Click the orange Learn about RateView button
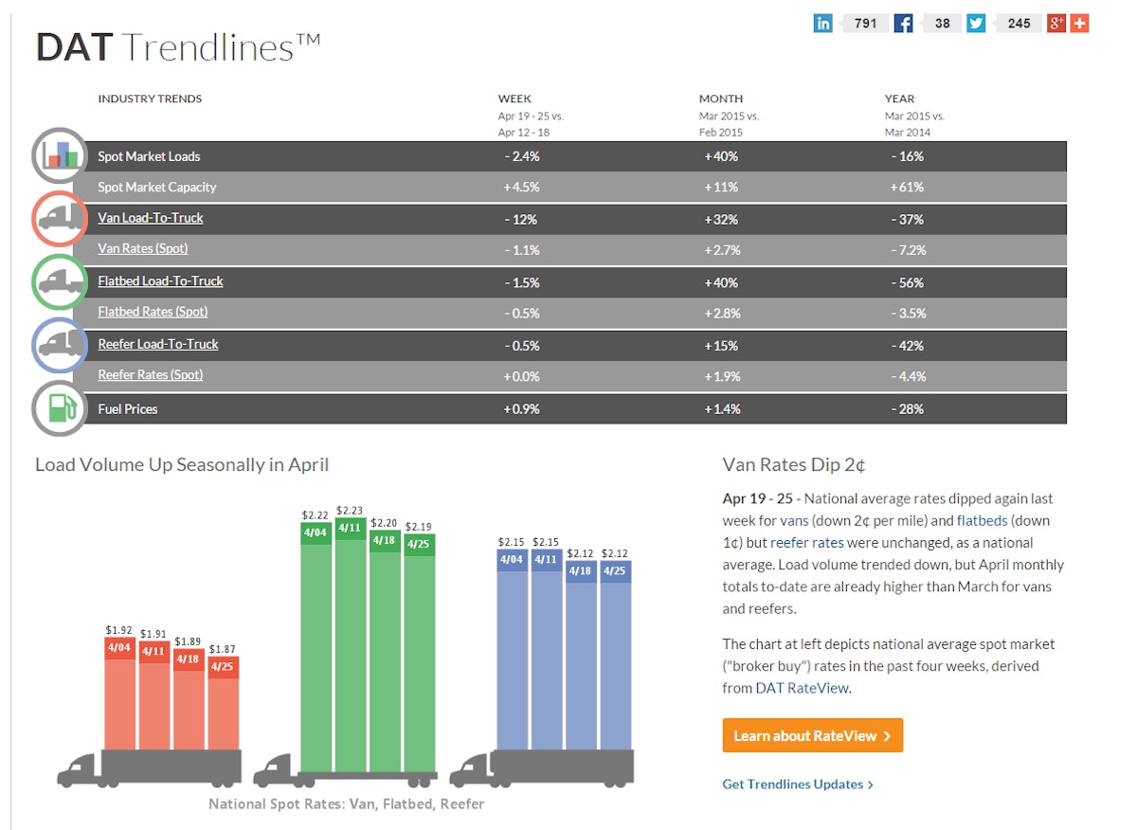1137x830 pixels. pyautogui.click(x=812, y=735)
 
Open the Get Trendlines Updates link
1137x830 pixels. pyautogui.click(x=797, y=784)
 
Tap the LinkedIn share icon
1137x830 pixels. pyautogui.click(x=822, y=23)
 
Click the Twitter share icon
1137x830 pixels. pyautogui.click(x=976, y=23)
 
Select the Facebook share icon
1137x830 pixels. pyautogui.click(x=903, y=23)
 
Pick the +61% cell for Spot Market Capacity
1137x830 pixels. pyautogui.click(x=907, y=187)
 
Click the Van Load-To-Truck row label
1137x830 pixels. pyautogui.click(x=151, y=218)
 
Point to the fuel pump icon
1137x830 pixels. pyautogui.click(x=60, y=408)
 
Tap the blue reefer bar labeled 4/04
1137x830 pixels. pyautogui.click(x=513, y=654)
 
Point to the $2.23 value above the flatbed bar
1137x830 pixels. pyautogui.click(x=350, y=511)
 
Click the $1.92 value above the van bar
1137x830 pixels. pyautogui.click(x=119, y=629)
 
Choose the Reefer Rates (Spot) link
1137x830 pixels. pyautogui.click(x=151, y=374)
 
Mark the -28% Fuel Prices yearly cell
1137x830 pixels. pyautogui.click(x=907, y=408)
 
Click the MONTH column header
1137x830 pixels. pyautogui.click(x=721, y=99)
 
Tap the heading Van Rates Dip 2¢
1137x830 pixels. pyautogui.click(x=794, y=464)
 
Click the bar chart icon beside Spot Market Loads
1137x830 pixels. pyautogui.click(x=60, y=154)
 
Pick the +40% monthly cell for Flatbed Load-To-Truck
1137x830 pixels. pyautogui.click(x=721, y=282)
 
